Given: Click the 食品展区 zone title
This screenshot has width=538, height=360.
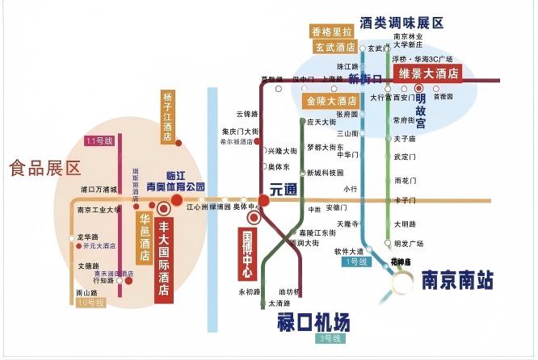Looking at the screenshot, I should click(45, 168).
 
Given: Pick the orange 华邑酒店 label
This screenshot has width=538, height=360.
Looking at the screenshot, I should click(145, 237).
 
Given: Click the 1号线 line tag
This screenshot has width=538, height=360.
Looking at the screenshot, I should click(355, 262).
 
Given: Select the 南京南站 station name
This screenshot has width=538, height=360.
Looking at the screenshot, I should click(456, 279).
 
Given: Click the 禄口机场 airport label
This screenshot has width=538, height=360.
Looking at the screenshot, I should click(309, 321).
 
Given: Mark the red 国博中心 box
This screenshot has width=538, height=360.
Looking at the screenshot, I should click(249, 255).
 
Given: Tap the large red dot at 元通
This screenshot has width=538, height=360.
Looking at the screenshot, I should click(264, 199).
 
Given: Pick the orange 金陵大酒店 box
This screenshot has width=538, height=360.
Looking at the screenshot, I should click(331, 102).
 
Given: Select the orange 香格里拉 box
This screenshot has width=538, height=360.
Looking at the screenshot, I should click(333, 32).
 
